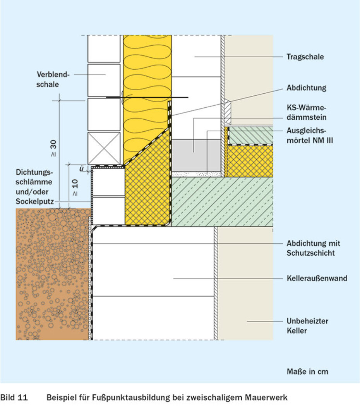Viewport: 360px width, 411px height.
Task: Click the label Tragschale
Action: [x=305, y=57]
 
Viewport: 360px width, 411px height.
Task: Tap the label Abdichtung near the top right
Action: [x=306, y=88]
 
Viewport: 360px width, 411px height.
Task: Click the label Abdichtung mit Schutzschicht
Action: [x=313, y=248]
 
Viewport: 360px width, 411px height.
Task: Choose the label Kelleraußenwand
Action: [x=317, y=278]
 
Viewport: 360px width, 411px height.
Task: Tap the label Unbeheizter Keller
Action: [x=307, y=326]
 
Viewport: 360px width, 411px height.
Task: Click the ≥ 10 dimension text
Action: [x=75, y=187]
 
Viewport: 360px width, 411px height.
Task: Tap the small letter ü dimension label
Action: [x=82, y=169]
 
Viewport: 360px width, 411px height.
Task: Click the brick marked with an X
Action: [x=104, y=148]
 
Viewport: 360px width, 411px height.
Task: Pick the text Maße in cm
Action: [x=307, y=372]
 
